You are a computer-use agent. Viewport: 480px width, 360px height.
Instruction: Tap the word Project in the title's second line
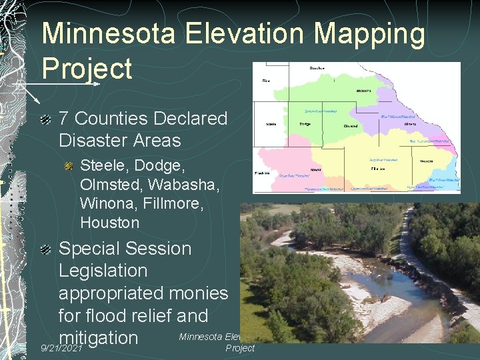pos(87,68)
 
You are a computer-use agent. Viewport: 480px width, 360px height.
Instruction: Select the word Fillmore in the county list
pos(176,203)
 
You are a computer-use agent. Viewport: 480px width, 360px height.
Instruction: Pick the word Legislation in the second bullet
pos(103,271)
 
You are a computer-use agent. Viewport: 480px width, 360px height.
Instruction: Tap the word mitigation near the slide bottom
pos(98,337)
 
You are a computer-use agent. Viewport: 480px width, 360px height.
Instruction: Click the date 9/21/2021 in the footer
pos(61,348)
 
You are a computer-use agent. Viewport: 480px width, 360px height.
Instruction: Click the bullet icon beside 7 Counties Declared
pos(45,119)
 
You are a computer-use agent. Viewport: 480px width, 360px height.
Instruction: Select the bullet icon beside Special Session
pos(45,249)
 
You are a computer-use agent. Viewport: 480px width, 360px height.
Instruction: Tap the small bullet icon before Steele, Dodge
pos(69,165)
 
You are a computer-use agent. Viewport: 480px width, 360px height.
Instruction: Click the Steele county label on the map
pos(272,124)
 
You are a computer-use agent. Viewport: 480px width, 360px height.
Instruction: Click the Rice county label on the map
pos(266,81)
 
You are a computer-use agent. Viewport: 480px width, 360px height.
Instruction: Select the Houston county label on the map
pos(427,161)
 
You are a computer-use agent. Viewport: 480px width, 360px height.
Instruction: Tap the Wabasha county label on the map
pos(364,89)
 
